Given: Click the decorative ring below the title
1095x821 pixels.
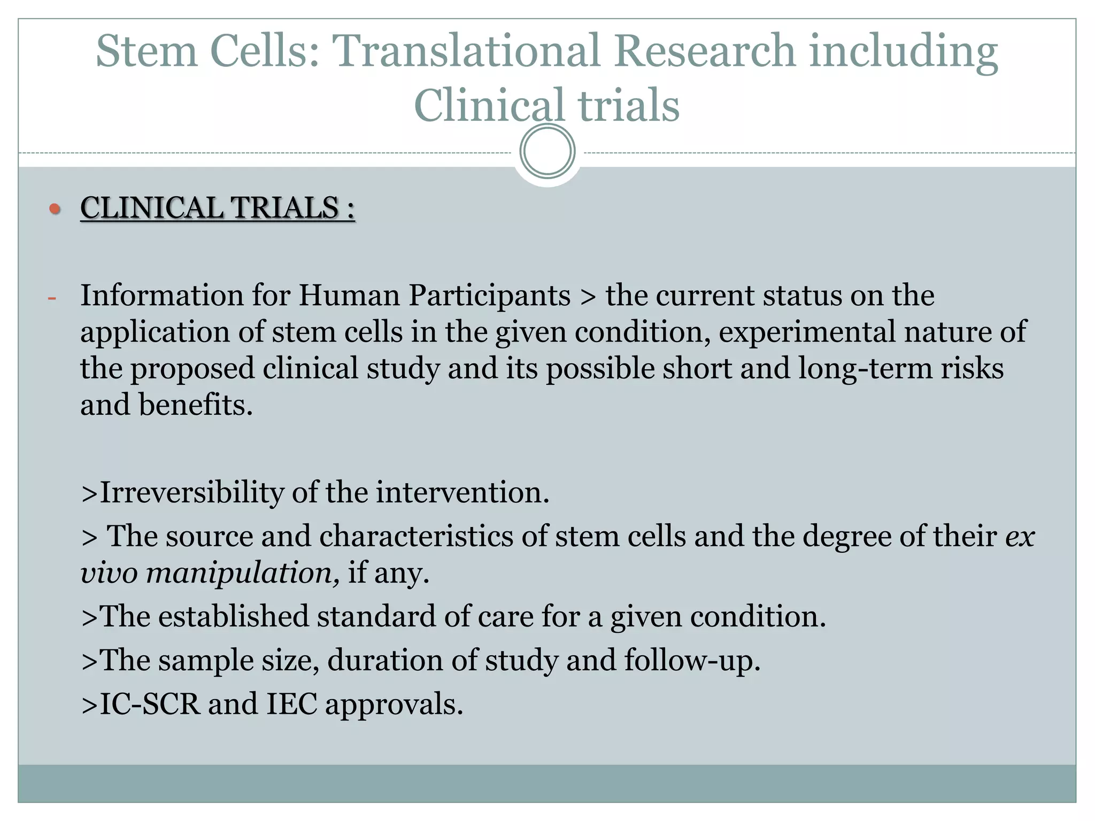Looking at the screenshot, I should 547,151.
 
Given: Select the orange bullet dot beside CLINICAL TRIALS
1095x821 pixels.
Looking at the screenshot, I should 55,208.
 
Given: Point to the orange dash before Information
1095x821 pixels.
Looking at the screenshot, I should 52,298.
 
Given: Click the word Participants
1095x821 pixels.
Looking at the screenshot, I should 489,296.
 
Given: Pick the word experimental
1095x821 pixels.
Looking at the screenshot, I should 807,332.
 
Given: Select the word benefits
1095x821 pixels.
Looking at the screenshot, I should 196,405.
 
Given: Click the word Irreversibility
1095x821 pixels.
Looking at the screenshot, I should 191,492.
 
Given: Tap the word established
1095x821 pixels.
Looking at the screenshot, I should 233,616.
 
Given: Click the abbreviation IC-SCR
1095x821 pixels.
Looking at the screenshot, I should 150,704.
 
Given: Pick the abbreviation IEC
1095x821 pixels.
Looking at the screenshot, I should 291,704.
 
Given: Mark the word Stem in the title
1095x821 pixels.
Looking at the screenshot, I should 146,51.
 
